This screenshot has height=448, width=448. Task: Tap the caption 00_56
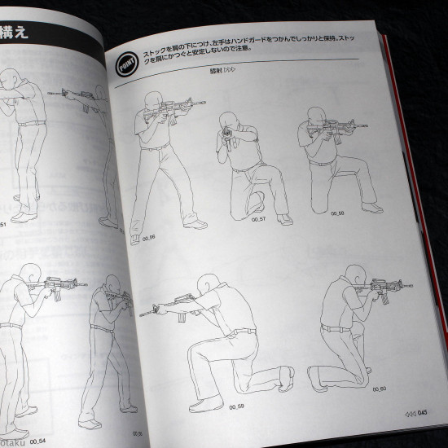coord(147,237)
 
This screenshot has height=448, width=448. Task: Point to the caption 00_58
coord(337,213)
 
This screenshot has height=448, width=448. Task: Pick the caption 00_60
coord(357,388)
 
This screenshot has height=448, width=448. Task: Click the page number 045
coord(422,413)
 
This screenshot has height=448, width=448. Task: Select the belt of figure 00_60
coord(336,328)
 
